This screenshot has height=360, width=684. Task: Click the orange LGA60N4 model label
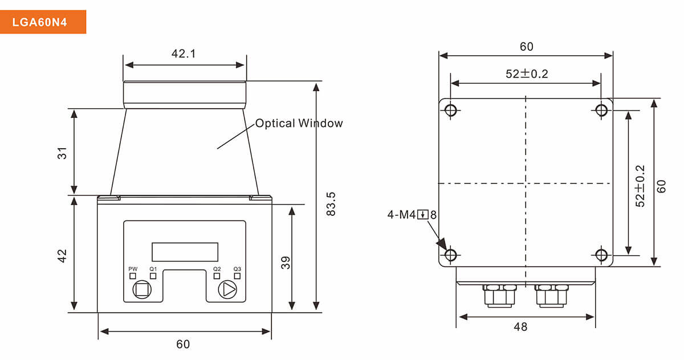43,22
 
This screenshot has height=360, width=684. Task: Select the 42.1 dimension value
184,54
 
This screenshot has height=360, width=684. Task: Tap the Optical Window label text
299,123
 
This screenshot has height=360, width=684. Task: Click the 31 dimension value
62,153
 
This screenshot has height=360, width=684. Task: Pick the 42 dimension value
62,255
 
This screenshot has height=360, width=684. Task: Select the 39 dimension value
286,262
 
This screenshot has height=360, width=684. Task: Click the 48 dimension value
520,327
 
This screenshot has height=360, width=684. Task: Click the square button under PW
141,290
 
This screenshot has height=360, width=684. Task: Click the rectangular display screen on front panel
185,251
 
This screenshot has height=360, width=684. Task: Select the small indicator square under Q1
153,276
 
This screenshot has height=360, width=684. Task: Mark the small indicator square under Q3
237,276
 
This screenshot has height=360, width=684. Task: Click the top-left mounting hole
451,110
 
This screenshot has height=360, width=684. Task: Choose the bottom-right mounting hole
601,255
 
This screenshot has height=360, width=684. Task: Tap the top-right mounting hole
601,110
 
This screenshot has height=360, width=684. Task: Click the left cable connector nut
499,296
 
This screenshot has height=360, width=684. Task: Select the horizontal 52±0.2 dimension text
526,73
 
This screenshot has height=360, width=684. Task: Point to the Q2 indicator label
217,269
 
